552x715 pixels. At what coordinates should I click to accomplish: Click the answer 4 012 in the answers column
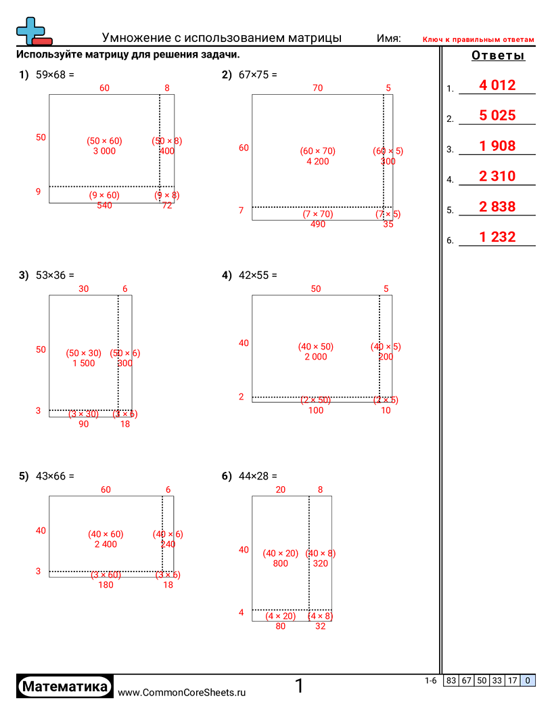497,85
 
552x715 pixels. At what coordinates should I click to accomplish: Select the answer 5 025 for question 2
497,116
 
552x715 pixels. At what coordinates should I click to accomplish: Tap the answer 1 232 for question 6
497,237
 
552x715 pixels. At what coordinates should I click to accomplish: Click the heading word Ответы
498,56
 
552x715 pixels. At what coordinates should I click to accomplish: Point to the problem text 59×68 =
54,75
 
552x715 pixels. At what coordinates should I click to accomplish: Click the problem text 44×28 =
258,477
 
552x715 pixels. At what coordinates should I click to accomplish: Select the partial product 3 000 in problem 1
104,151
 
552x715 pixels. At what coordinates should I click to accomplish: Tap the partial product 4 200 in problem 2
317,162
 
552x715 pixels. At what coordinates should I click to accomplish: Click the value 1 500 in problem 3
84,364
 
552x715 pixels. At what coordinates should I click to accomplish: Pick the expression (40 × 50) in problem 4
316,347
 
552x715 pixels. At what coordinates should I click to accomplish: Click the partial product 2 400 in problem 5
106,544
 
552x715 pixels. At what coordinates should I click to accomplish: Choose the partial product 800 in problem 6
280,563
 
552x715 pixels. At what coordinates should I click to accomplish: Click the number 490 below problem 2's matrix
317,224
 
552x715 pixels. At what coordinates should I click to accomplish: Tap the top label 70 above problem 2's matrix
317,87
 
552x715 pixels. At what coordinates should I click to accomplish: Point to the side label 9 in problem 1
38,192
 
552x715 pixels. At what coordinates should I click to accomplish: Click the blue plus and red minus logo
32,31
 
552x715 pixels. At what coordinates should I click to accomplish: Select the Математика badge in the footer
65,687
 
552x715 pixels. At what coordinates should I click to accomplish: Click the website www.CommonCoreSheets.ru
181,693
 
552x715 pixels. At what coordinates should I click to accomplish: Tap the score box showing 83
451,681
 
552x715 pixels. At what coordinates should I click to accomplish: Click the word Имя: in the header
389,39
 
